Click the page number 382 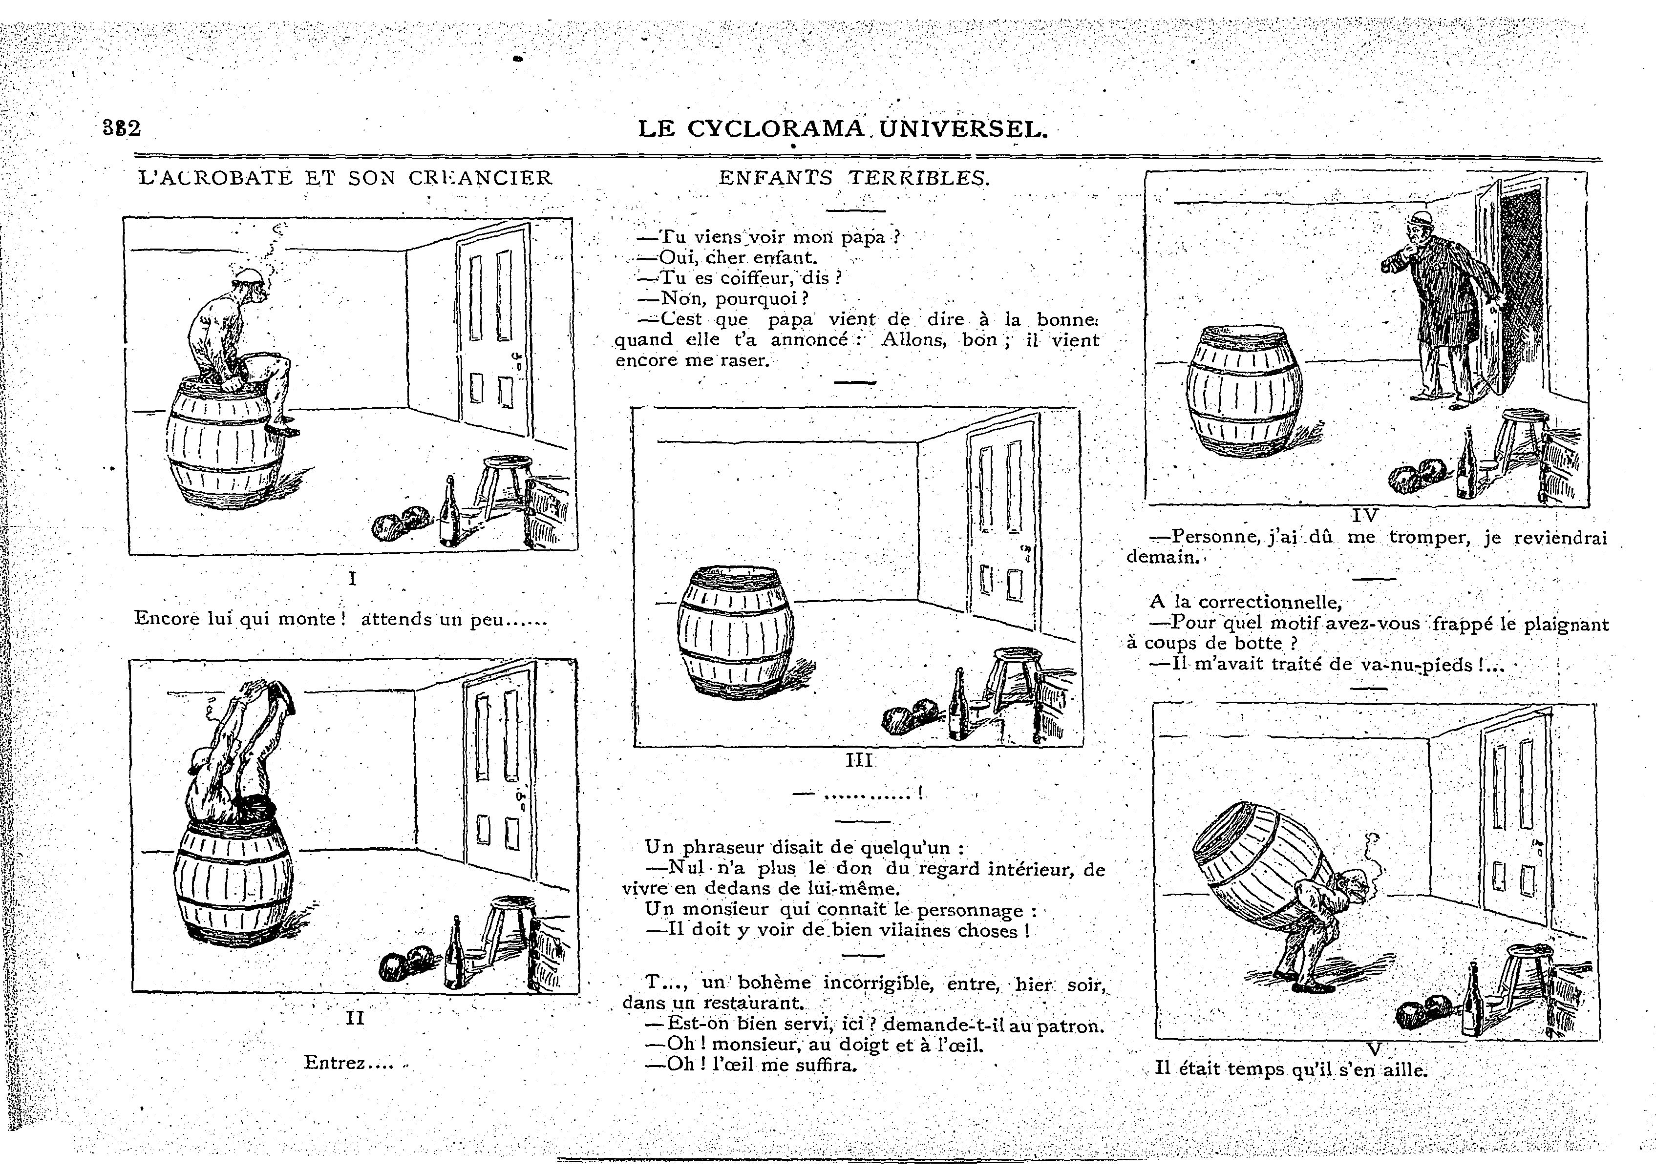click(121, 128)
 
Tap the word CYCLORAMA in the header click(775, 129)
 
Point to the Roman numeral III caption click(859, 759)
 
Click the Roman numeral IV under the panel click(1364, 515)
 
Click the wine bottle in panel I click(449, 514)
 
